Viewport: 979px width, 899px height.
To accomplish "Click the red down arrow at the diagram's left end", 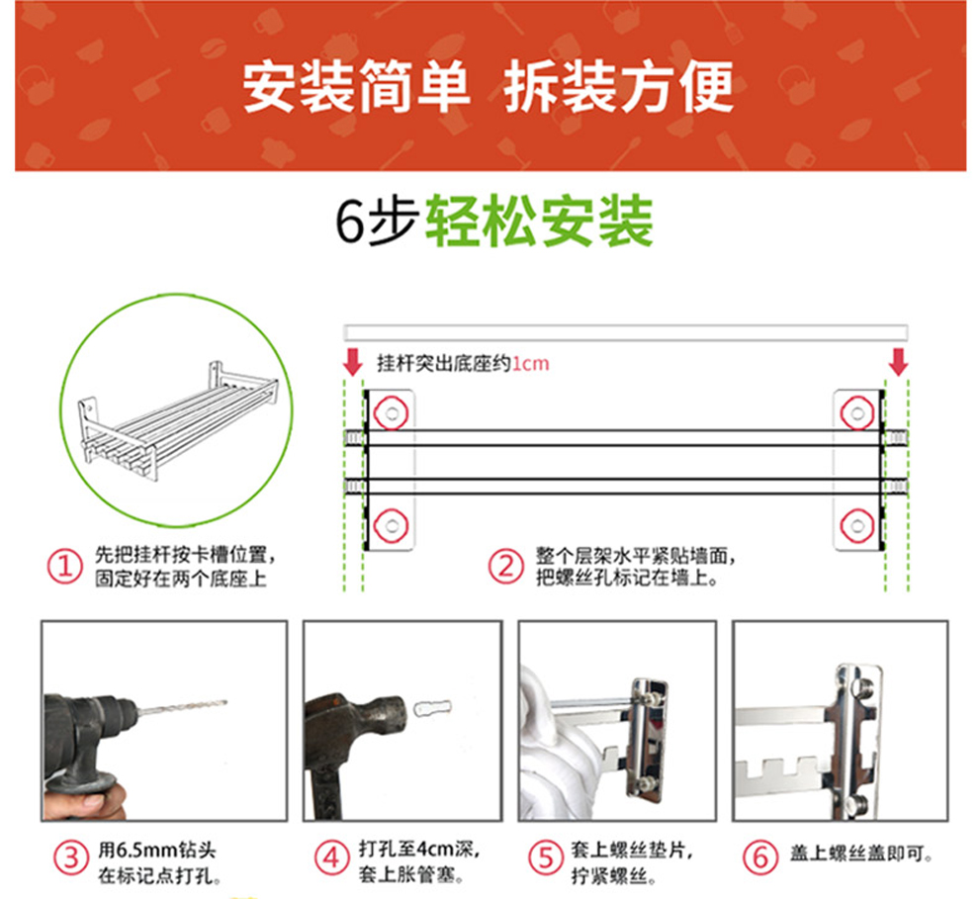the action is (353, 362).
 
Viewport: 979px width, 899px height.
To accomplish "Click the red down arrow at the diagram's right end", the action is (899, 362).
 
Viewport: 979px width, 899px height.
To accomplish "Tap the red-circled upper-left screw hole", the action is (392, 413).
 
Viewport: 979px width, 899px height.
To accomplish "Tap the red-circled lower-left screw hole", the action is (392, 526).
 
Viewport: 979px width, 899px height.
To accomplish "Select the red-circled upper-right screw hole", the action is (857, 413).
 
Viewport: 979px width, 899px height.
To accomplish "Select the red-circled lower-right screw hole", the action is (857, 526).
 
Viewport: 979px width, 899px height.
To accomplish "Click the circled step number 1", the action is (65, 567).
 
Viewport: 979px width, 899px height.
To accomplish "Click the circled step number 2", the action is (505, 567).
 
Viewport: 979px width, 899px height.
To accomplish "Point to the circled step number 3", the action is (71, 857).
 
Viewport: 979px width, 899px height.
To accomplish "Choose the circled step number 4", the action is (331, 857).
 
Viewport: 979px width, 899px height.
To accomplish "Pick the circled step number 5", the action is (546, 857).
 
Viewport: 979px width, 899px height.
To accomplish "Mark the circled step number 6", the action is (759, 856).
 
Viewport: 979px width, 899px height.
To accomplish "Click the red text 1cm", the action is (531, 363).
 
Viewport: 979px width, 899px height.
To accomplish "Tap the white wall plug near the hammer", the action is (432, 708).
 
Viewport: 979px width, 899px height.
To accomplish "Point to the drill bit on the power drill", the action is (181, 708).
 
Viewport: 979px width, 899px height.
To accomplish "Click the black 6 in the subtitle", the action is (350, 222).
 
